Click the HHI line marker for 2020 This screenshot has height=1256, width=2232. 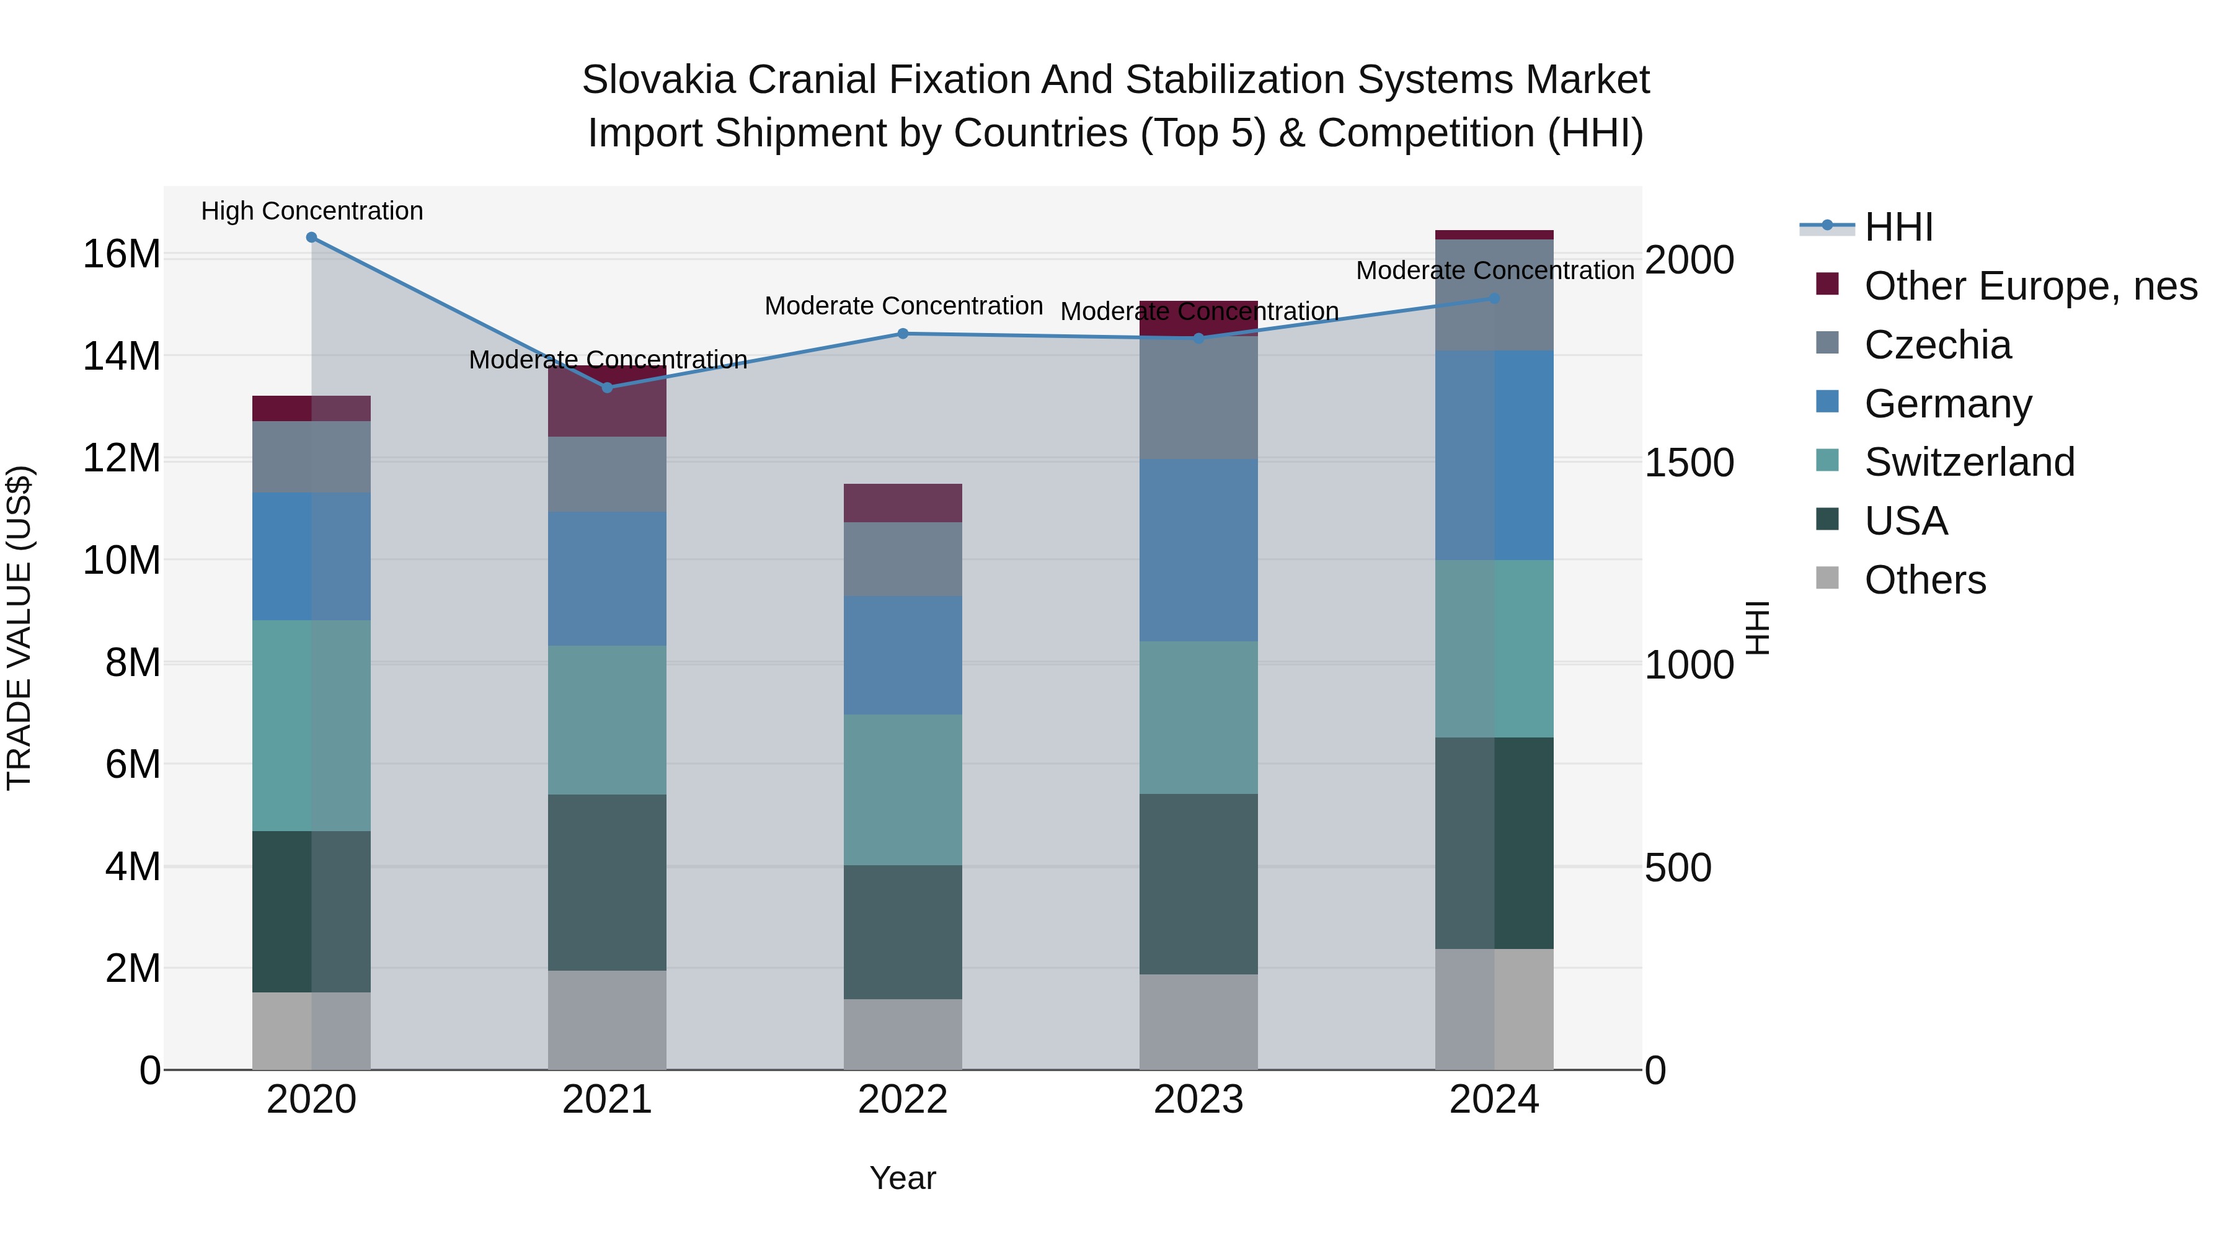click(311, 238)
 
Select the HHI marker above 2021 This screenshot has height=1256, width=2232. click(608, 388)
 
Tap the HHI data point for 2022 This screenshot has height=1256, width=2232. click(903, 334)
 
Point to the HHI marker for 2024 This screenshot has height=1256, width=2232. click(1495, 298)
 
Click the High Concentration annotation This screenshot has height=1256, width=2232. click(312, 212)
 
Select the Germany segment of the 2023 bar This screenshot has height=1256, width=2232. click(1198, 550)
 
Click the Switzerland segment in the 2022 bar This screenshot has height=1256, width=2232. click(903, 790)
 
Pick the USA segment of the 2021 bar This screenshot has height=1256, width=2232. click(608, 883)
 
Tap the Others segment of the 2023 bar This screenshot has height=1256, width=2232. click(1198, 1022)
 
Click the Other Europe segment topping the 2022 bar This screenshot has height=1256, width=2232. click(903, 503)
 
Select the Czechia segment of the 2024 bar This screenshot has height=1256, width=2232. click(1495, 295)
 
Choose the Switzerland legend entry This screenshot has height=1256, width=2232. click(1968, 462)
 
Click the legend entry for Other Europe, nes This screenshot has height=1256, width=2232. click(2030, 286)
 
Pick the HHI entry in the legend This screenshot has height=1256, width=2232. click(1898, 227)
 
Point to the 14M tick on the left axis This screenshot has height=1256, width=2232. click(122, 356)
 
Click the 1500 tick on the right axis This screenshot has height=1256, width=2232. click(1689, 463)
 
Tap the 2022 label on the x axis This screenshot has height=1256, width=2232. click(903, 1100)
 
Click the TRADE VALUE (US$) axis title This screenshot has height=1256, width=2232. click(19, 628)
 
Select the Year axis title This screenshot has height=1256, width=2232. click(903, 1178)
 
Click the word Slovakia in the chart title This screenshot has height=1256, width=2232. click(658, 80)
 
